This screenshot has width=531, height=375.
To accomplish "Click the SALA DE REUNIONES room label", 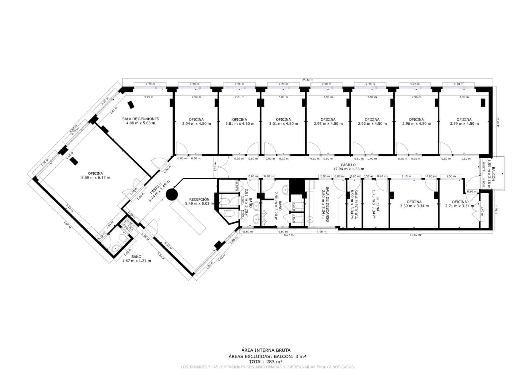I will (x=140, y=121).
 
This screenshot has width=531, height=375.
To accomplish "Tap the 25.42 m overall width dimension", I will (x=307, y=80).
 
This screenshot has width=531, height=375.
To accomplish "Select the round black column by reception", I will (x=172, y=195).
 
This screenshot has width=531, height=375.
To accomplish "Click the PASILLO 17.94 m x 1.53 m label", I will (x=348, y=167).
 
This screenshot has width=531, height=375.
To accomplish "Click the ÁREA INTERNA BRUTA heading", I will (x=266, y=350).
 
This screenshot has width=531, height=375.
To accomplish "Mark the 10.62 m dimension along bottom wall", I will (x=415, y=235).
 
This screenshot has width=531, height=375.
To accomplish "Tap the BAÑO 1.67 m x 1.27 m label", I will (x=136, y=259).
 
